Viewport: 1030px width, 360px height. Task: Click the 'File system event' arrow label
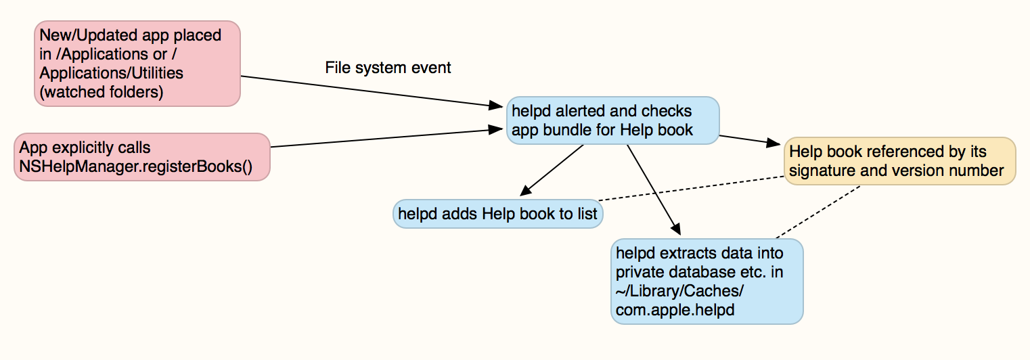[x=388, y=68]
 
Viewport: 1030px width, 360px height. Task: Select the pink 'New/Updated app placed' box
[x=138, y=63]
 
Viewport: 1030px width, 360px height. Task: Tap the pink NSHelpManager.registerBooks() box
[x=142, y=157]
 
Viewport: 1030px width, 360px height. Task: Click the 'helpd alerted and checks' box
[x=612, y=120]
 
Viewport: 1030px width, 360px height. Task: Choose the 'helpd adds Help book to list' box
[x=497, y=214]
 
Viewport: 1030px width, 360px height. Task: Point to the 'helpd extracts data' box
[x=707, y=281]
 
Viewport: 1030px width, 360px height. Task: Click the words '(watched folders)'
[x=102, y=91]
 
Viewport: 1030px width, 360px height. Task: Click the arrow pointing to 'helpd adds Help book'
[x=552, y=169]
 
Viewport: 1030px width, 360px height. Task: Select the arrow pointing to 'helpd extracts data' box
[x=651, y=189]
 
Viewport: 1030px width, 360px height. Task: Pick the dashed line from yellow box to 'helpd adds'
[x=690, y=189]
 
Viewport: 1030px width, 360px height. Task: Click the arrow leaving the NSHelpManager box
[x=382, y=137]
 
